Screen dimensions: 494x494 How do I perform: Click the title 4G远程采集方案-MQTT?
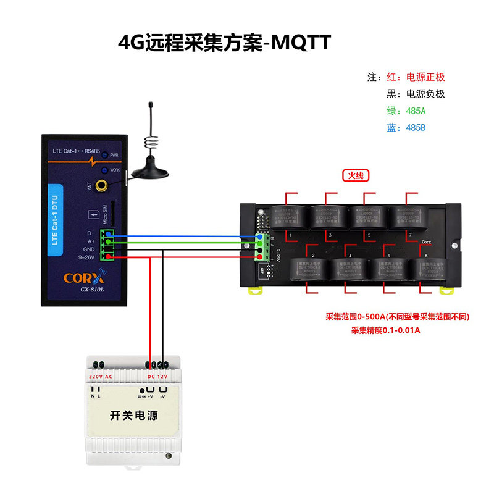coord(225,43)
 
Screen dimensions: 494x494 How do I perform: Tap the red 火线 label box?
coord(356,175)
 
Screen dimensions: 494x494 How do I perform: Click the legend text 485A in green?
coord(416,111)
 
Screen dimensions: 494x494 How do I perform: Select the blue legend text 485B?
coord(416,128)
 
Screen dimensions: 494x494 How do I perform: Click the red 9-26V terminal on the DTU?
coord(109,257)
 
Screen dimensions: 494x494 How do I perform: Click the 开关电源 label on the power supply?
coord(133,416)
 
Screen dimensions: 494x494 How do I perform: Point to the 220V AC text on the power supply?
coord(101,377)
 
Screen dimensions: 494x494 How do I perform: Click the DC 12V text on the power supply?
coord(157,377)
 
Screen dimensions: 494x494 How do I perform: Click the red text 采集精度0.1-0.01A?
coord(386,330)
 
